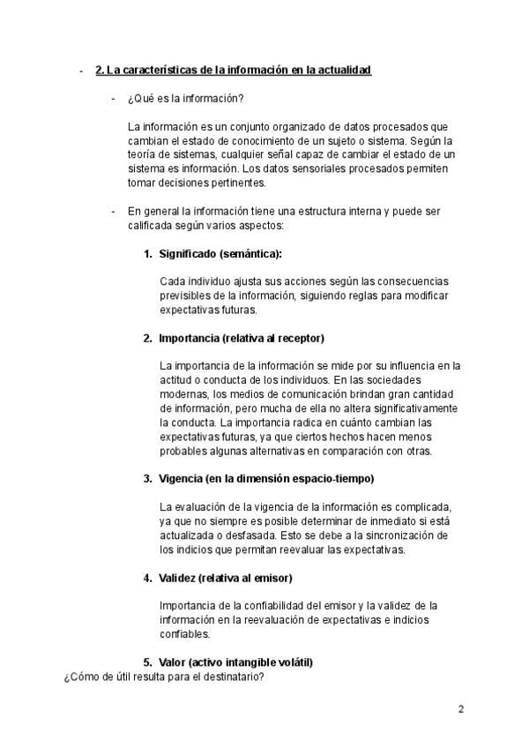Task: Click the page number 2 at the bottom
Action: pos(461,709)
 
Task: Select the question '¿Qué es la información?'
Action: pos(185,98)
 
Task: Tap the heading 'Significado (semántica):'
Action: pos(220,254)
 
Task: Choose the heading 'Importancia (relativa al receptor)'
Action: pos(242,338)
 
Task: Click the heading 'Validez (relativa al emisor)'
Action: pos(226,578)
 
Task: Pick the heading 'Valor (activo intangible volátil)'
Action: pos(236,662)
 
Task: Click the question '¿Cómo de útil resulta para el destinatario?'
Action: pos(164,677)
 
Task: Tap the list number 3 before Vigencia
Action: pos(147,479)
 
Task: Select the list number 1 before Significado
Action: pos(147,254)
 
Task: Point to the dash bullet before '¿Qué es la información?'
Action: pos(113,98)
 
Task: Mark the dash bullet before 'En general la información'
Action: pos(113,212)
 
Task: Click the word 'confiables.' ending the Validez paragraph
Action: pos(185,634)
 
